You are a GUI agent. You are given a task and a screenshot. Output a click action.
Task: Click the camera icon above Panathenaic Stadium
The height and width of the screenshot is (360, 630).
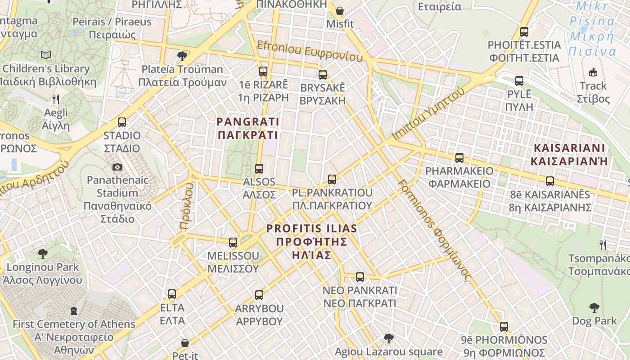(x=117, y=167)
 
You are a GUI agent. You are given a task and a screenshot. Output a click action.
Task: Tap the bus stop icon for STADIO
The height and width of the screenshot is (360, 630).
(x=122, y=122)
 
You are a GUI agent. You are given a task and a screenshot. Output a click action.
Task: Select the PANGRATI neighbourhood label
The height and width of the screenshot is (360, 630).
(x=248, y=128)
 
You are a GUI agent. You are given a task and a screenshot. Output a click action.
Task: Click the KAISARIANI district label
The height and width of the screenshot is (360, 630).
(x=569, y=154)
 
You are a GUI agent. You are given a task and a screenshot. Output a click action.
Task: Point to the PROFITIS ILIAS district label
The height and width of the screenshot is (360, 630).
(x=312, y=242)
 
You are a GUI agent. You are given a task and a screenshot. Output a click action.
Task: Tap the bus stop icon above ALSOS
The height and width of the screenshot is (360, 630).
(x=259, y=169)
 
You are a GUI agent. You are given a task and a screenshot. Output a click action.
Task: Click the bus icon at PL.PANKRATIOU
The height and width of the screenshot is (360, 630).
(x=332, y=180)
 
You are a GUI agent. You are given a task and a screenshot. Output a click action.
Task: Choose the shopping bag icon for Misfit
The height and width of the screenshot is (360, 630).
(x=340, y=10)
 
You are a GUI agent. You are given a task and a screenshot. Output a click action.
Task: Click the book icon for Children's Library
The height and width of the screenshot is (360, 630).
(x=46, y=55)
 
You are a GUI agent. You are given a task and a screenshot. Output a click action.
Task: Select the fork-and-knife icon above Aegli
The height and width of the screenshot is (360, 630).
(x=56, y=99)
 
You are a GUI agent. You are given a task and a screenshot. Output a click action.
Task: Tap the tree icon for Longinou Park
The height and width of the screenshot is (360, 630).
(x=43, y=254)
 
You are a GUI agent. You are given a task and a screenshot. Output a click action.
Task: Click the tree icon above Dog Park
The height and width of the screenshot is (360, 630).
(x=594, y=308)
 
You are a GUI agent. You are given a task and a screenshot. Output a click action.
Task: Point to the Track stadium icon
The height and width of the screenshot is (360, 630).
(x=593, y=72)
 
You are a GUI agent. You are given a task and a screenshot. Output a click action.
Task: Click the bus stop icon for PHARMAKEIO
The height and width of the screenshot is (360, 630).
(x=459, y=158)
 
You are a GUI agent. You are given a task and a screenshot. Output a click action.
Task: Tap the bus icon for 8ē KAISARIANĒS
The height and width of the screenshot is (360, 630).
(x=550, y=181)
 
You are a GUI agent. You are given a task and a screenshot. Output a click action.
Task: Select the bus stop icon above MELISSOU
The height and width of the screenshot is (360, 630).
(x=233, y=243)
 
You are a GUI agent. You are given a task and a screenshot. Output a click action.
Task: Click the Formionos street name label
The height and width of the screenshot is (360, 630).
(x=434, y=229)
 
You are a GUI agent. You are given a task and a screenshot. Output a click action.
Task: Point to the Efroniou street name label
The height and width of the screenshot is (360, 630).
(x=310, y=51)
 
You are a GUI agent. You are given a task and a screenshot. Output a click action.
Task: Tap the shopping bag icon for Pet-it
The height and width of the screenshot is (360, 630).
(x=185, y=343)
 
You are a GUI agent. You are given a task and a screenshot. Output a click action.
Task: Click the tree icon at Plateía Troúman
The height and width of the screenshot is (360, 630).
(x=182, y=56)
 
